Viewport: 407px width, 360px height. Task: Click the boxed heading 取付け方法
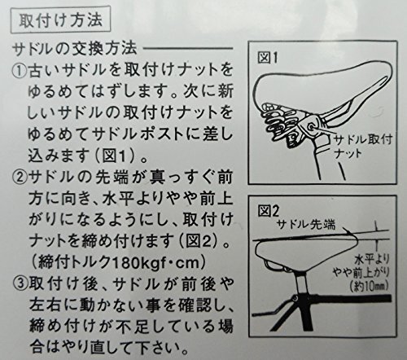coord(60,20)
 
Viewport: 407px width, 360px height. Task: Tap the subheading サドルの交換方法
coord(75,49)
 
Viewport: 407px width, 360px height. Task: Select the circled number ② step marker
coord(20,178)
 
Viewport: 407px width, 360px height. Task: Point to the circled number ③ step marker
coord(20,284)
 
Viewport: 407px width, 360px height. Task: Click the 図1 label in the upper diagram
coord(267,58)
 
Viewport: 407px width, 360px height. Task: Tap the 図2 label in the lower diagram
coord(268,211)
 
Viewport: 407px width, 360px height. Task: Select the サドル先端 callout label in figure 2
coord(306,225)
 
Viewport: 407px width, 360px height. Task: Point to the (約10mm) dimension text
coord(370,285)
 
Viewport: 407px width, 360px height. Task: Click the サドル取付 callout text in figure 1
coord(363,139)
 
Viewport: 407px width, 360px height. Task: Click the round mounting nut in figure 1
coord(311,126)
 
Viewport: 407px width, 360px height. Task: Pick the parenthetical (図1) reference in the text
coord(116,156)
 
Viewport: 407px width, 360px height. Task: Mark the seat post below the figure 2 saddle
coord(300,284)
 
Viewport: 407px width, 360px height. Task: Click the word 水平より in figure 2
coord(372,260)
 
